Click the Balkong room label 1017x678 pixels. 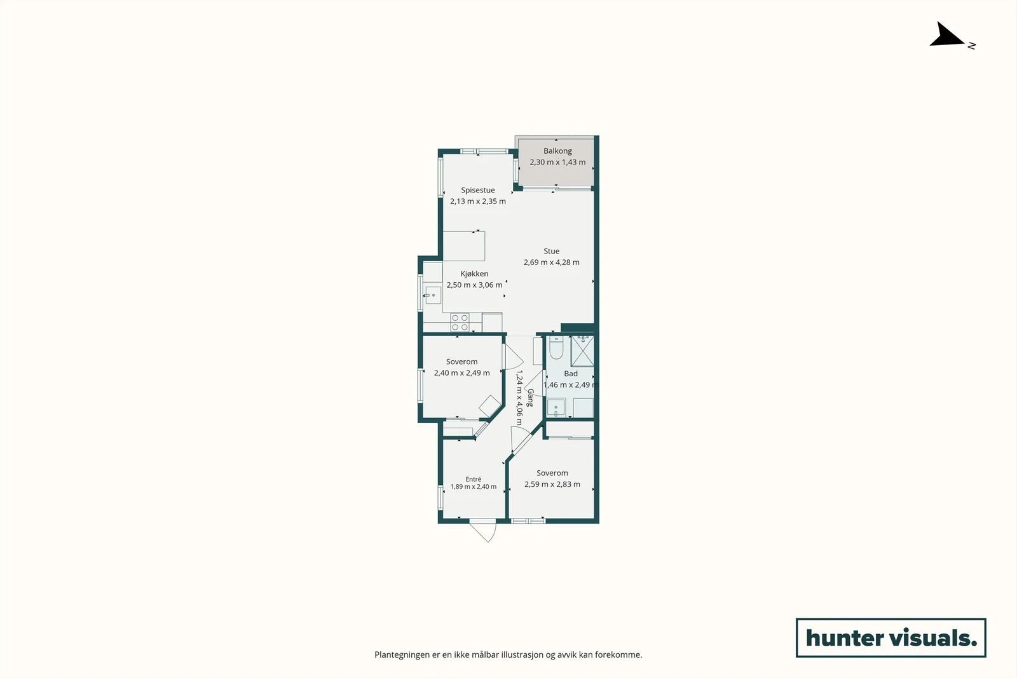[x=557, y=151]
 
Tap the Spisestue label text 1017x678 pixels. [x=477, y=190]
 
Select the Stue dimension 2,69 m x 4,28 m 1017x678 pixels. [x=551, y=262]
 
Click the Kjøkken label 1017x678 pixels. [x=474, y=274]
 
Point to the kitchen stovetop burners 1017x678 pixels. [x=460, y=323]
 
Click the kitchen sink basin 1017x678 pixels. [x=433, y=295]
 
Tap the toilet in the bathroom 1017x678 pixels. [x=556, y=348]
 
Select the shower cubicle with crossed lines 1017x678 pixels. [x=582, y=351]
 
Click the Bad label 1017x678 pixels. [x=571, y=374]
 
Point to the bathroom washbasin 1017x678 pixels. [x=556, y=407]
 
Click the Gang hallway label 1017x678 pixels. [x=529, y=398]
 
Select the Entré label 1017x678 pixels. [x=473, y=479]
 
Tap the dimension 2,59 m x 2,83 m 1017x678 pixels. [x=552, y=484]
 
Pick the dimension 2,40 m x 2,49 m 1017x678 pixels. [x=461, y=373]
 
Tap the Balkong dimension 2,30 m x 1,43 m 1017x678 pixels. [x=557, y=162]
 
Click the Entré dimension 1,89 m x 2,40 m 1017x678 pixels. [x=473, y=487]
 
